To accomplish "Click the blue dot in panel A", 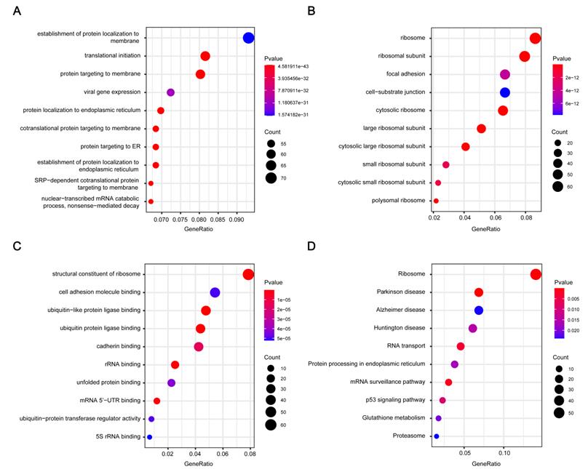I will click(248, 38).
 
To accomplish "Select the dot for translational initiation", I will click(205, 56).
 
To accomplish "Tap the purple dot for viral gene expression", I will click(171, 92).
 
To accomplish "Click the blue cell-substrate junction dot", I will click(505, 92).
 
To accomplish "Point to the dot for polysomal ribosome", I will click(436, 201).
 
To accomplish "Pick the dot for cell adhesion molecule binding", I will click(215, 292).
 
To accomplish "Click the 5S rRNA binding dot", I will click(149, 437).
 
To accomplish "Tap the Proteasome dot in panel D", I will click(437, 436).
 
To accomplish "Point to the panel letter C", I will click(17, 246).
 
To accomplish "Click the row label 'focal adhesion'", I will click(406, 74).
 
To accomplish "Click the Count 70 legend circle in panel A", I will click(271, 177).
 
